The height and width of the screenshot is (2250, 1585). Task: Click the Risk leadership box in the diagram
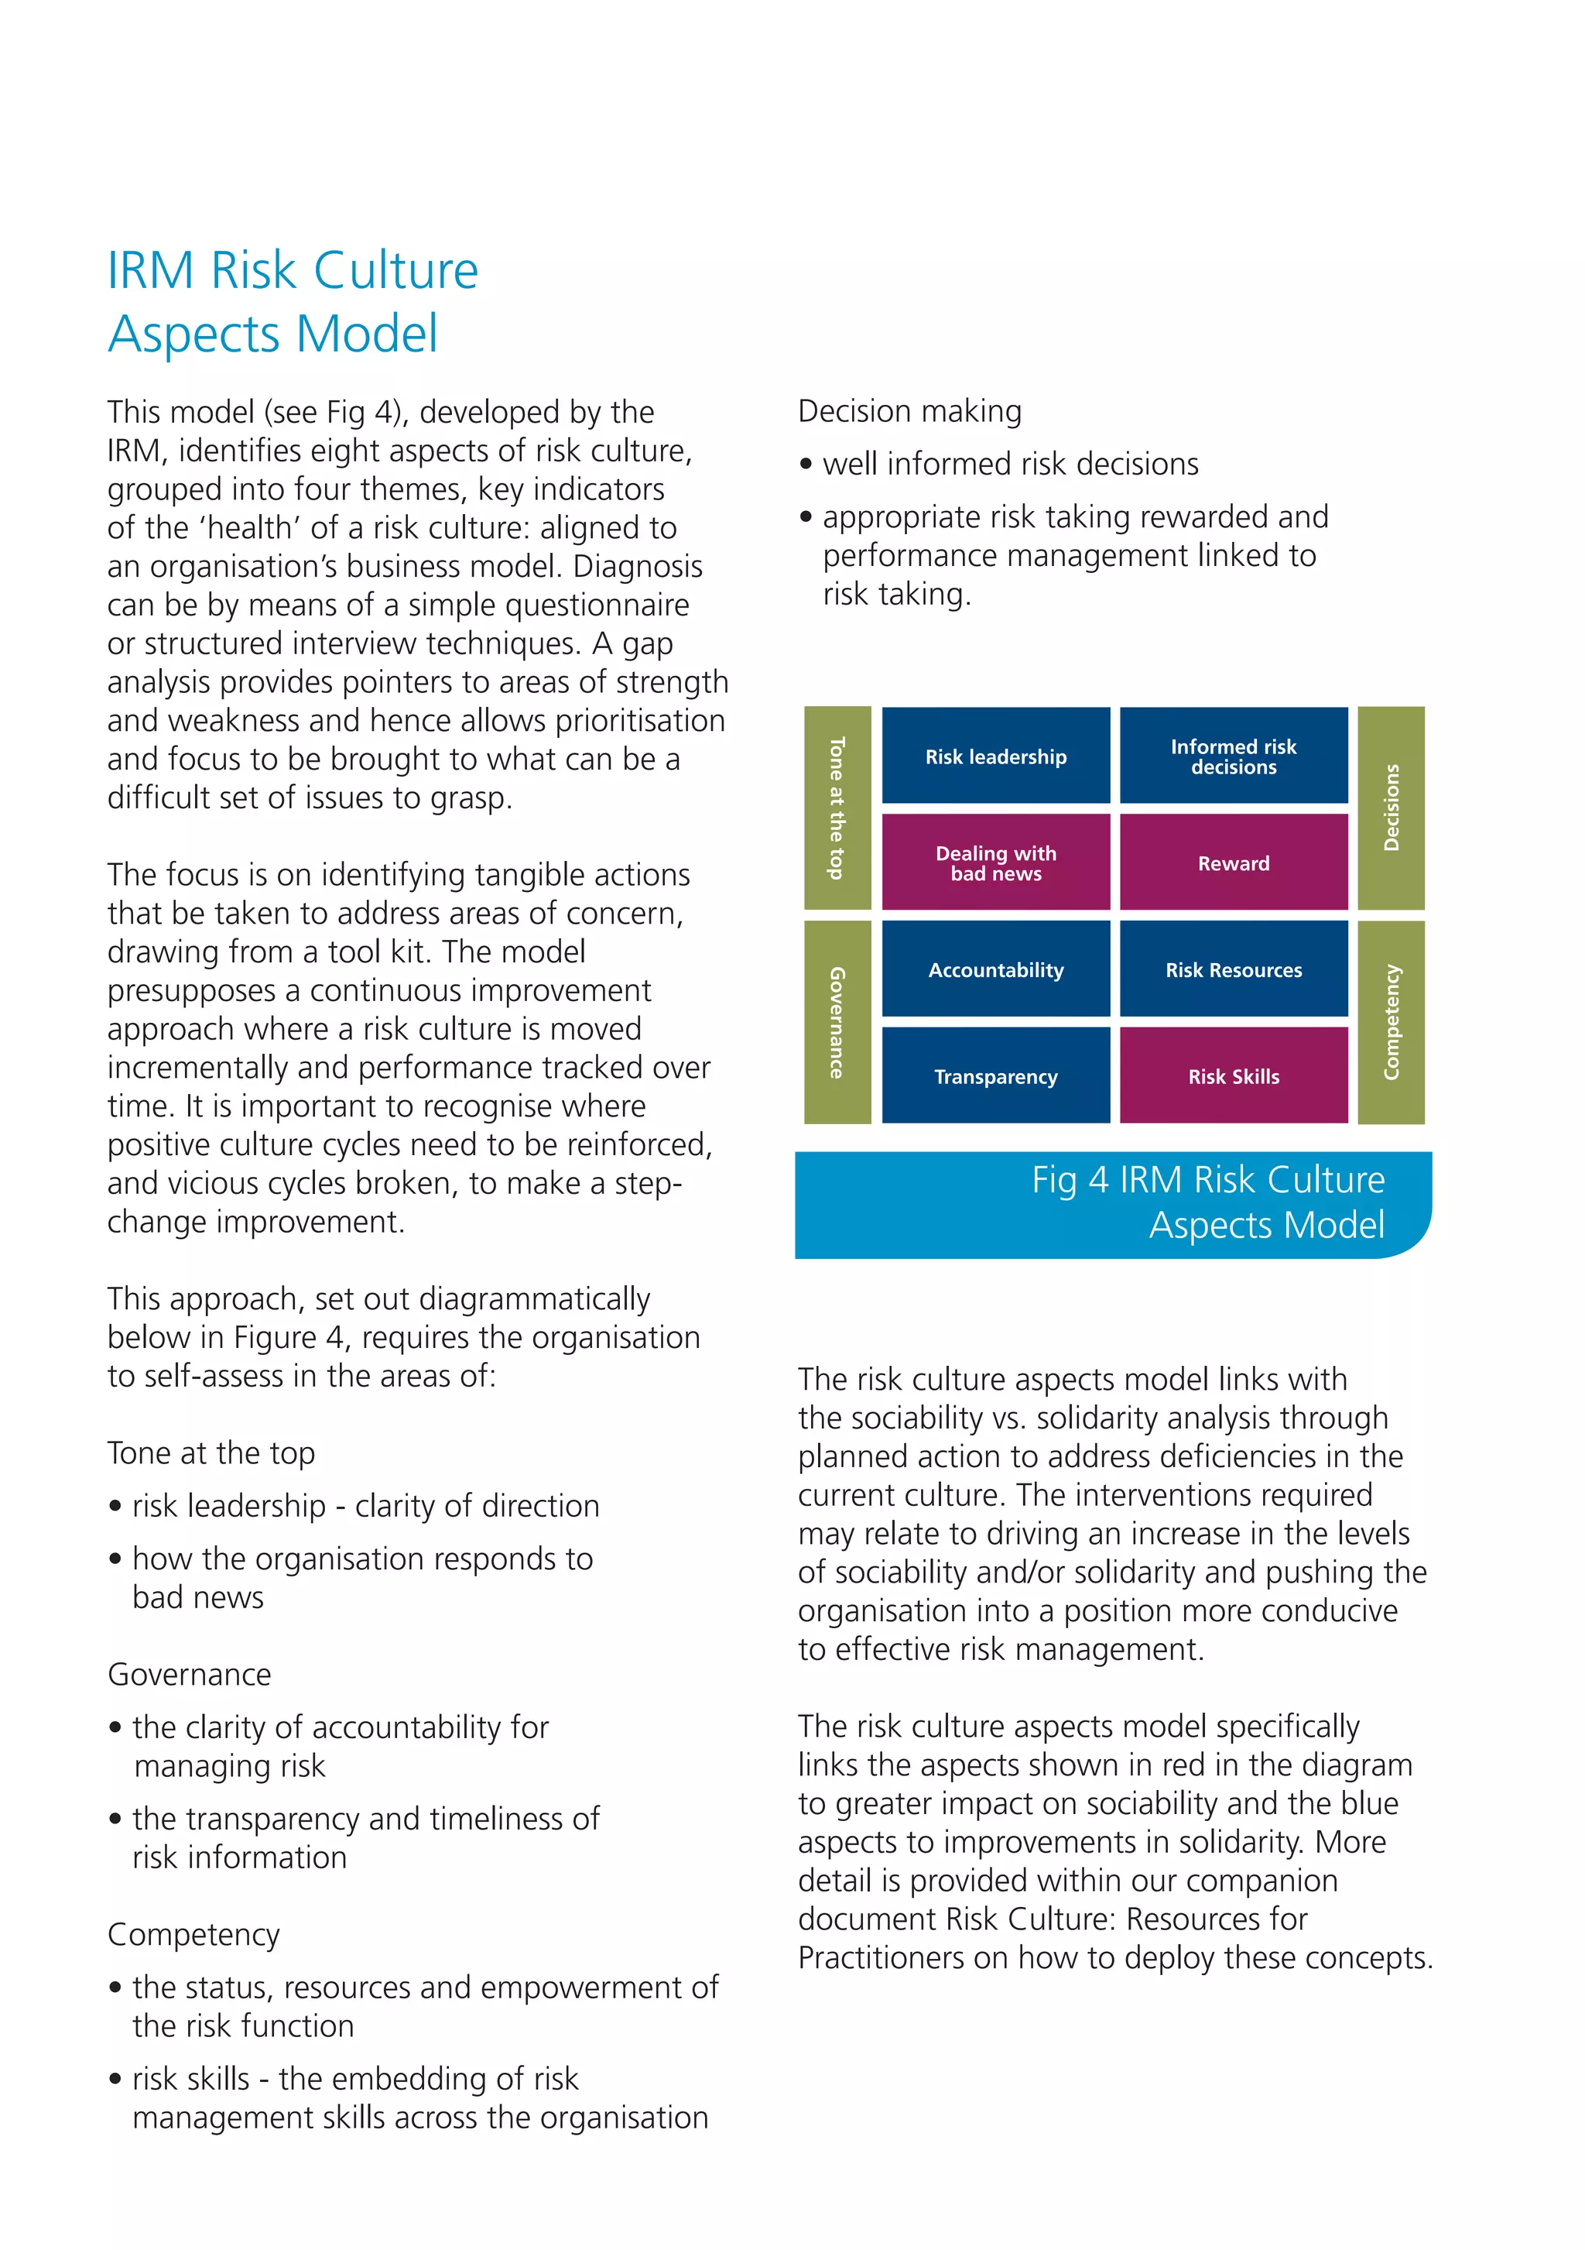[995, 756]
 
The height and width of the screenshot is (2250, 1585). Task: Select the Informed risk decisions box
[1234, 756]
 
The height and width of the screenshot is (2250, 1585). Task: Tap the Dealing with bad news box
[995, 863]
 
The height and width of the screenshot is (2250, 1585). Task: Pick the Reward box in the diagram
[1234, 863]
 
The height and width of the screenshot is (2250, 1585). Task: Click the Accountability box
[995, 969]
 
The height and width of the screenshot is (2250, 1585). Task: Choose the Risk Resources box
[1234, 969]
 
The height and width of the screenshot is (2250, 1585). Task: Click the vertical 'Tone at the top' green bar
[837, 808]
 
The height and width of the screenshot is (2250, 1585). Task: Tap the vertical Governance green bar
[837, 1022]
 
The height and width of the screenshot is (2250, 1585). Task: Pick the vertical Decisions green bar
[1391, 808]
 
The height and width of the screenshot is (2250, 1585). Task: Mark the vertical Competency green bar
[1391, 1022]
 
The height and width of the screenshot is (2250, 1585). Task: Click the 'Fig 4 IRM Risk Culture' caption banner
[1112, 1203]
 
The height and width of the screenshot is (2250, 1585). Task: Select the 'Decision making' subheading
[909, 410]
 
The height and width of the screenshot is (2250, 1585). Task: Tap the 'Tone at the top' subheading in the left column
[211, 1453]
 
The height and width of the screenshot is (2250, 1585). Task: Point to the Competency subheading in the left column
[193, 1933]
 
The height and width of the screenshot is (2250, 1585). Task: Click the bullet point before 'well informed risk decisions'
[806, 465]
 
